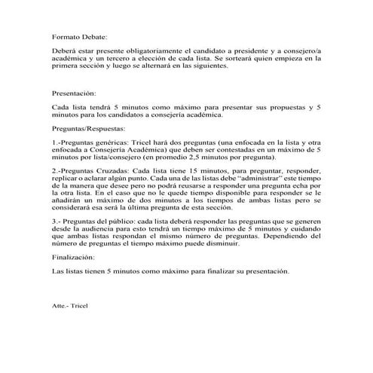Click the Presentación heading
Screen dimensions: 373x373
(x=75, y=94)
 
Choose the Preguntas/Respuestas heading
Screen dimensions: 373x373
(x=90, y=130)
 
